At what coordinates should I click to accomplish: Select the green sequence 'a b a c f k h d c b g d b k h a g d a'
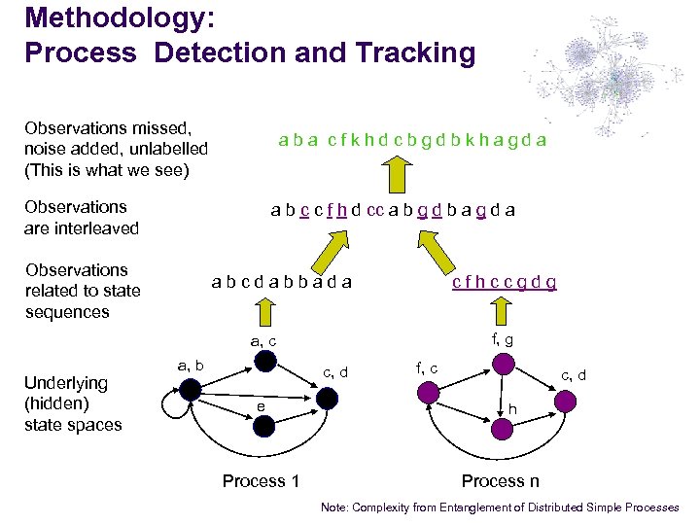coord(412,140)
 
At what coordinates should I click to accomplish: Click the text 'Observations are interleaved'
coord(82,218)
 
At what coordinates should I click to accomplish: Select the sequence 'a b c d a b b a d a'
coord(282,283)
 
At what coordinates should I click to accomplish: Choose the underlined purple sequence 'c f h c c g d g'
coord(504,283)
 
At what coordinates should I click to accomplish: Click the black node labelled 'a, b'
coord(192,390)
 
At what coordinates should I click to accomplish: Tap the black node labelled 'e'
coord(262,425)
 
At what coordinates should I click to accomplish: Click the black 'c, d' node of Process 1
coord(328,398)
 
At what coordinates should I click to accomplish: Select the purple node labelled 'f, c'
coord(429,391)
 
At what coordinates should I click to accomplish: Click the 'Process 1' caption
coord(261,481)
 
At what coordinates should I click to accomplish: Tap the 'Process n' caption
coord(500,481)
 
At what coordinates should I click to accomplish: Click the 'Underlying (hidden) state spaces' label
coord(73,403)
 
